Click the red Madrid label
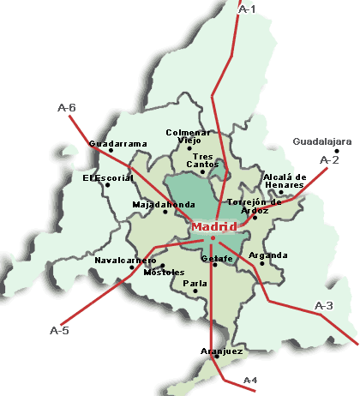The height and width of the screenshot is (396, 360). tap(210, 226)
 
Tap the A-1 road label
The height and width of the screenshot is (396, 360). tap(247, 9)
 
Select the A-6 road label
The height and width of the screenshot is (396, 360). tap(66, 108)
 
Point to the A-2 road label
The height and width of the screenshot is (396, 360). tap(329, 159)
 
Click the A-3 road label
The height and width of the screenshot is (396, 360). tap(324, 306)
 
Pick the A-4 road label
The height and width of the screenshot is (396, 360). tap(250, 379)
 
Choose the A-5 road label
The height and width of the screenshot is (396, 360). tap(59, 330)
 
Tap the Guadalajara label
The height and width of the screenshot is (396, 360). tap(316, 141)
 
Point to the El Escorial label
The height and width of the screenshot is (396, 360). tap(108, 177)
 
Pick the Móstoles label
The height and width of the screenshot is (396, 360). tap(165, 273)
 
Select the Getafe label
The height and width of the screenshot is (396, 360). tap(217, 258)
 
